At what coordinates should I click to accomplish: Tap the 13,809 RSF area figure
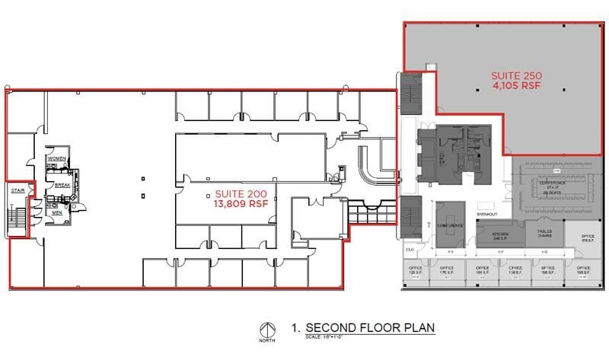tap(241, 205)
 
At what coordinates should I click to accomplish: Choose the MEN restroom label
tap(56, 212)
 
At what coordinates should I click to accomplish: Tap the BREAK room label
tap(62, 185)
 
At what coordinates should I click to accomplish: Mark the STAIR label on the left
tap(17, 191)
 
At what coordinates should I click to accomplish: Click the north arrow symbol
tap(266, 331)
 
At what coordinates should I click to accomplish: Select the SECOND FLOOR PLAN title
tap(370, 327)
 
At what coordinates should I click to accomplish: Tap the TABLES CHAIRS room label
tap(544, 234)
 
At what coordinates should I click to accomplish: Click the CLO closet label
tap(409, 249)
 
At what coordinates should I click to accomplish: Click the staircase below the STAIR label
tap(16, 218)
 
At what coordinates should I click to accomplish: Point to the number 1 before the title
tap(294, 327)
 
